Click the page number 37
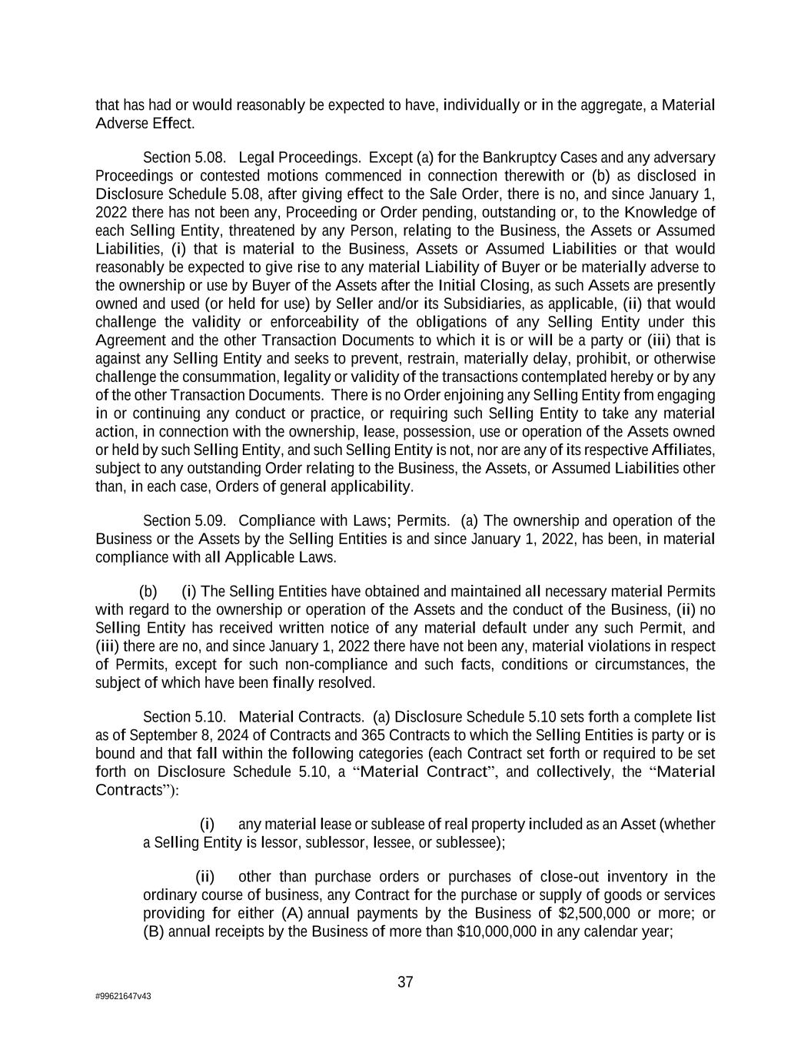[405, 982]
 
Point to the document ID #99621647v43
[123, 996]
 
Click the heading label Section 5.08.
[184, 158]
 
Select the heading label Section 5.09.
[184, 520]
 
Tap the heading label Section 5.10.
[184, 717]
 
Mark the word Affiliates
[683, 450]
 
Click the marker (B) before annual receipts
[154, 931]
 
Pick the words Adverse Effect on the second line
[145, 123]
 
